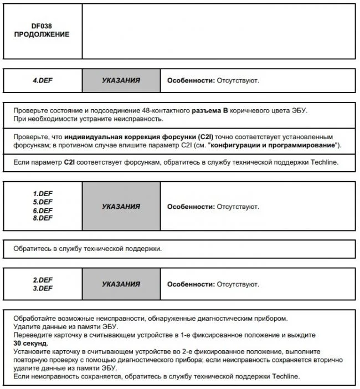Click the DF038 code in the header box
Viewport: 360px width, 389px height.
(x=42, y=25)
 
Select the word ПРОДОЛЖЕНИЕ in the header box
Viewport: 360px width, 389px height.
(x=42, y=34)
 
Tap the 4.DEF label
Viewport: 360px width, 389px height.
(x=43, y=80)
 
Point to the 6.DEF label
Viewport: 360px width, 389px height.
(x=43, y=210)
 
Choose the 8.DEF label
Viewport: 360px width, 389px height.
(x=43, y=218)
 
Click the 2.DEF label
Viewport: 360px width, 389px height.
(x=43, y=280)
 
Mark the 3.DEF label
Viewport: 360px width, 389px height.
(x=43, y=288)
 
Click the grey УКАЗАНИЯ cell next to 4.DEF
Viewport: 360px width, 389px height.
(x=121, y=80)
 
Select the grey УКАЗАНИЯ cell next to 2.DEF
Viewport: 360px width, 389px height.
(x=121, y=284)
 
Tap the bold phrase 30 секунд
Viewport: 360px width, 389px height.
(x=30, y=344)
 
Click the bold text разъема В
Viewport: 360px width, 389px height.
(x=210, y=111)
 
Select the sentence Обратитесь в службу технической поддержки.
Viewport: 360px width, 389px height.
(x=88, y=248)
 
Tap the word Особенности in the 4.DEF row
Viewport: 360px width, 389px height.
(x=190, y=80)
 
